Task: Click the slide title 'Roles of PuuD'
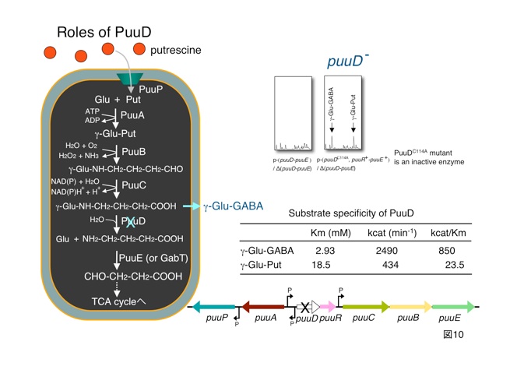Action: (x=104, y=32)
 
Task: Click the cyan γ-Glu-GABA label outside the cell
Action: (x=233, y=207)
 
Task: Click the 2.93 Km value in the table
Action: (x=325, y=251)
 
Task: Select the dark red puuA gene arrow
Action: (x=263, y=307)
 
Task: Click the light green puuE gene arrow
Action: (x=447, y=307)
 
